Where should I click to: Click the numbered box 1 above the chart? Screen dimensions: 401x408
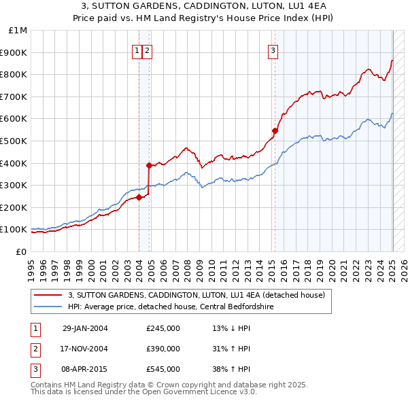point(137,50)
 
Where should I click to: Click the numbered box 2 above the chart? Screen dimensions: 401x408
point(147,50)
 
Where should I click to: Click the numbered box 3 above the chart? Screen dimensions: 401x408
point(273,50)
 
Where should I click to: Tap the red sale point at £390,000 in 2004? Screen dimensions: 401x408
point(149,165)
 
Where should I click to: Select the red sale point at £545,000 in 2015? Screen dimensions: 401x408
point(275,130)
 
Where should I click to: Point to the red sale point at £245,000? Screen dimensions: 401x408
point(139,198)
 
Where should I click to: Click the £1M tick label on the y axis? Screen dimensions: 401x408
point(18,31)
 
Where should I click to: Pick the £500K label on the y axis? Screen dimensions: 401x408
point(15,141)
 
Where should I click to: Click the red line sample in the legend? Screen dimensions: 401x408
point(48,295)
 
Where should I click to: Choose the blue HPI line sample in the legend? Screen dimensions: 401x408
point(48,307)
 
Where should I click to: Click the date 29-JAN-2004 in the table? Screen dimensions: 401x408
point(85,328)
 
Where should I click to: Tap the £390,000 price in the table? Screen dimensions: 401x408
point(163,349)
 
